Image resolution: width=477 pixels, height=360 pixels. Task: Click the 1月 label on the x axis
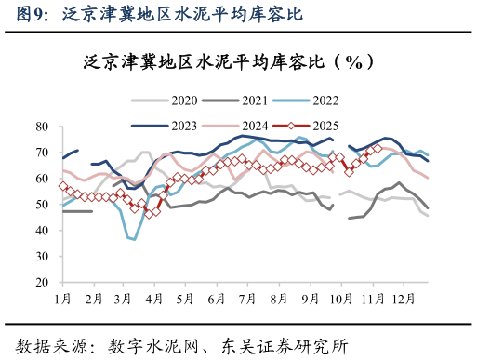(63, 299)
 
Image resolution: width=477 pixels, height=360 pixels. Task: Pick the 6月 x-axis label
(217, 299)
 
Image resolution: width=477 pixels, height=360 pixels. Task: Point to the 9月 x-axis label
(311, 299)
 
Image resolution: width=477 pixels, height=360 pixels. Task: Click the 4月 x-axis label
(154, 299)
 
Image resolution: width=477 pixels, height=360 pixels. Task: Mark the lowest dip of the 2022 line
(134, 239)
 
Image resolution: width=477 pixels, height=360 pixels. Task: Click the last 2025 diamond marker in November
(378, 148)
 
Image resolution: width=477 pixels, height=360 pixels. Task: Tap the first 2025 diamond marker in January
(63, 186)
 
